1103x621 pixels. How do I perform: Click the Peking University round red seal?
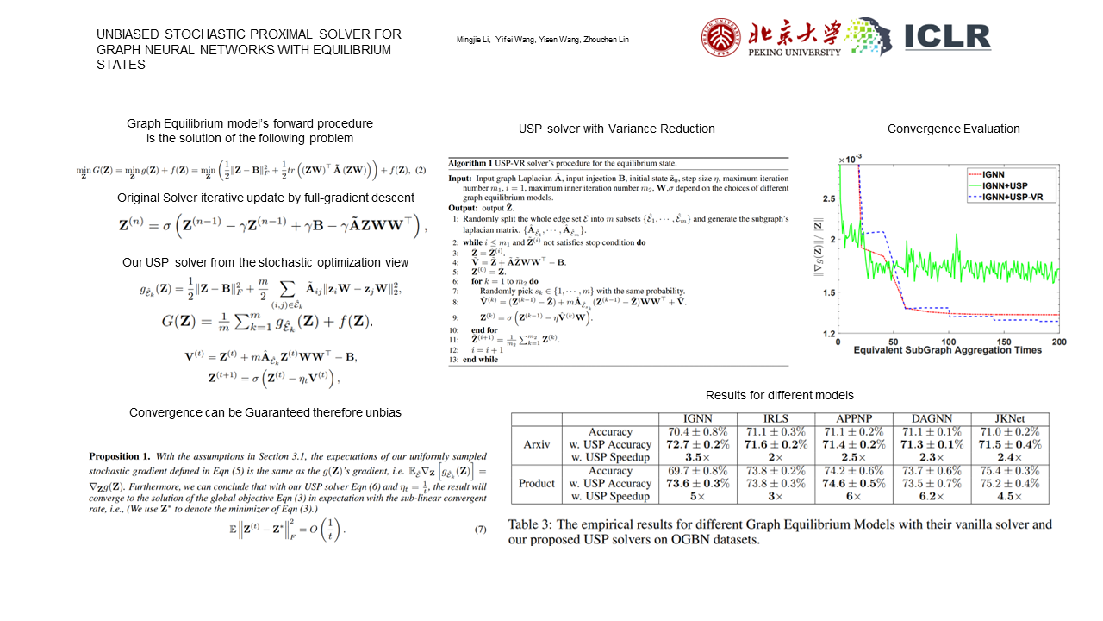coord(720,38)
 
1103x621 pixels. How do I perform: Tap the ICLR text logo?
coord(947,36)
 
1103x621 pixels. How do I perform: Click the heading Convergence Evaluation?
coord(953,129)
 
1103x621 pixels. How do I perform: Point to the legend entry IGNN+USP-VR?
coord(1015,198)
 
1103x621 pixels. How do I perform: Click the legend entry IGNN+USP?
coord(1007,185)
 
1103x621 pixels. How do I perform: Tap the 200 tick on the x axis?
coord(1058,342)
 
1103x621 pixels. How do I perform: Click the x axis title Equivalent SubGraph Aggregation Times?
coord(948,350)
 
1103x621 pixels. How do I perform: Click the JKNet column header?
coord(1009,419)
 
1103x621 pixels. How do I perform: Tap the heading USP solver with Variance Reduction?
coord(617,129)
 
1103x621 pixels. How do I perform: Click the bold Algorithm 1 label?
coord(475,163)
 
